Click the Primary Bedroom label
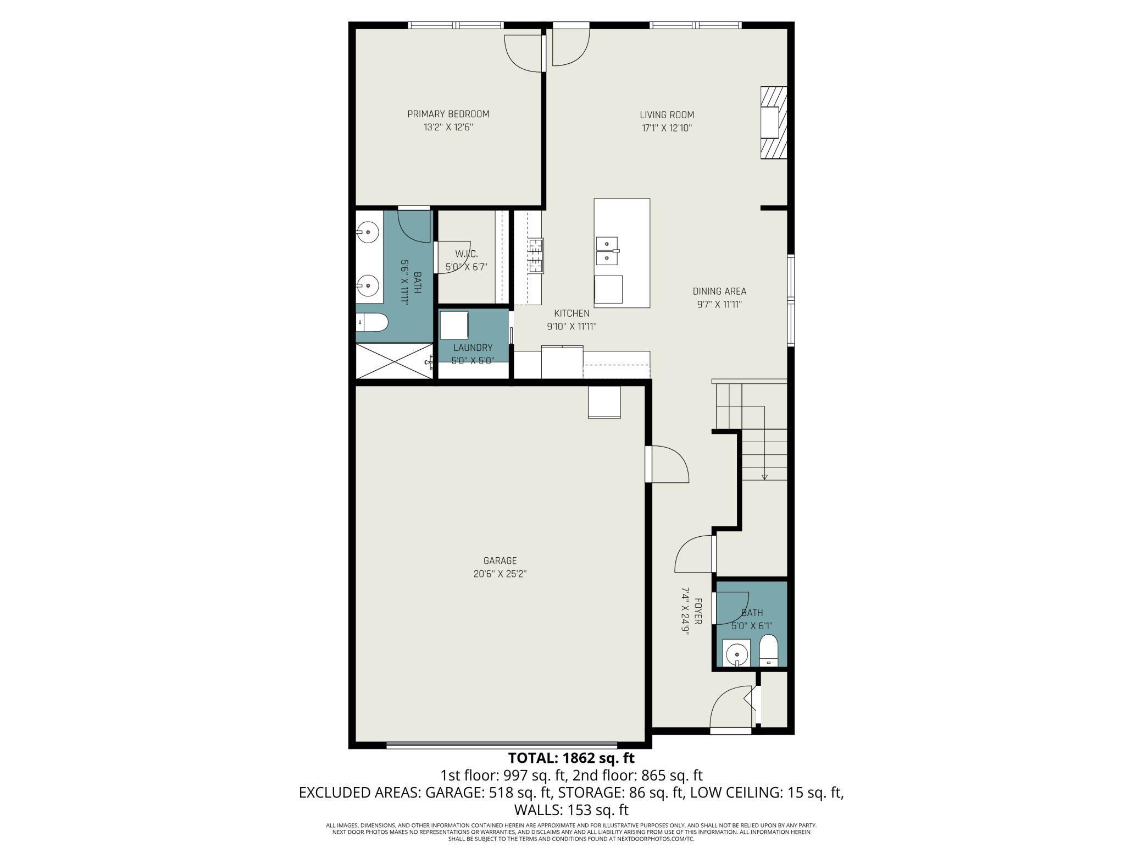tap(448, 114)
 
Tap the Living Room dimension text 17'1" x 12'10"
tap(667, 128)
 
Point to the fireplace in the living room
tap(774, 123)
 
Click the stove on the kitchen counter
tap(536, 256)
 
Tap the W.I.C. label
tap(467, 254)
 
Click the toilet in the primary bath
tap(371, 322)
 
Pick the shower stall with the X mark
tap(395, 361)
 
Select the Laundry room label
tap(473, 348)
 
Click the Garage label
tap(500, 560)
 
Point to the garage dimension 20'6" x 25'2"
tap(500, 574)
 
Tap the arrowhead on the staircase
tap(764, 477)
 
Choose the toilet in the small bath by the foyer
tap(768, 651)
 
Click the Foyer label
tap(698, 611)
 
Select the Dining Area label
tap(719, 291)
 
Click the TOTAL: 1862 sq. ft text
tap(571, 758)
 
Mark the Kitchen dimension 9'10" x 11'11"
tap(571, 326)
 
